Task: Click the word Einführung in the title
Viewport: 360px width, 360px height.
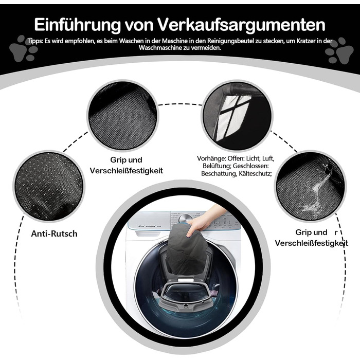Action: coord(78,24)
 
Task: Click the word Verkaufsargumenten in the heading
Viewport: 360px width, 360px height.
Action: coord(241,25)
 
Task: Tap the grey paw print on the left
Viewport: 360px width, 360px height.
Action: coord(24,48)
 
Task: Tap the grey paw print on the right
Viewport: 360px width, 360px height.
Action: coord(339,51)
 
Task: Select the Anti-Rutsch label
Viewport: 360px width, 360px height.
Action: coord(54,233)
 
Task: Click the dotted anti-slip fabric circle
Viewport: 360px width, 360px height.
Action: coord(49,186)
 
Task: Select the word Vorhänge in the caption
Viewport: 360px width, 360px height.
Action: coord(210,158)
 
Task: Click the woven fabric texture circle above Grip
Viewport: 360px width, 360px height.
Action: coord(122,116)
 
